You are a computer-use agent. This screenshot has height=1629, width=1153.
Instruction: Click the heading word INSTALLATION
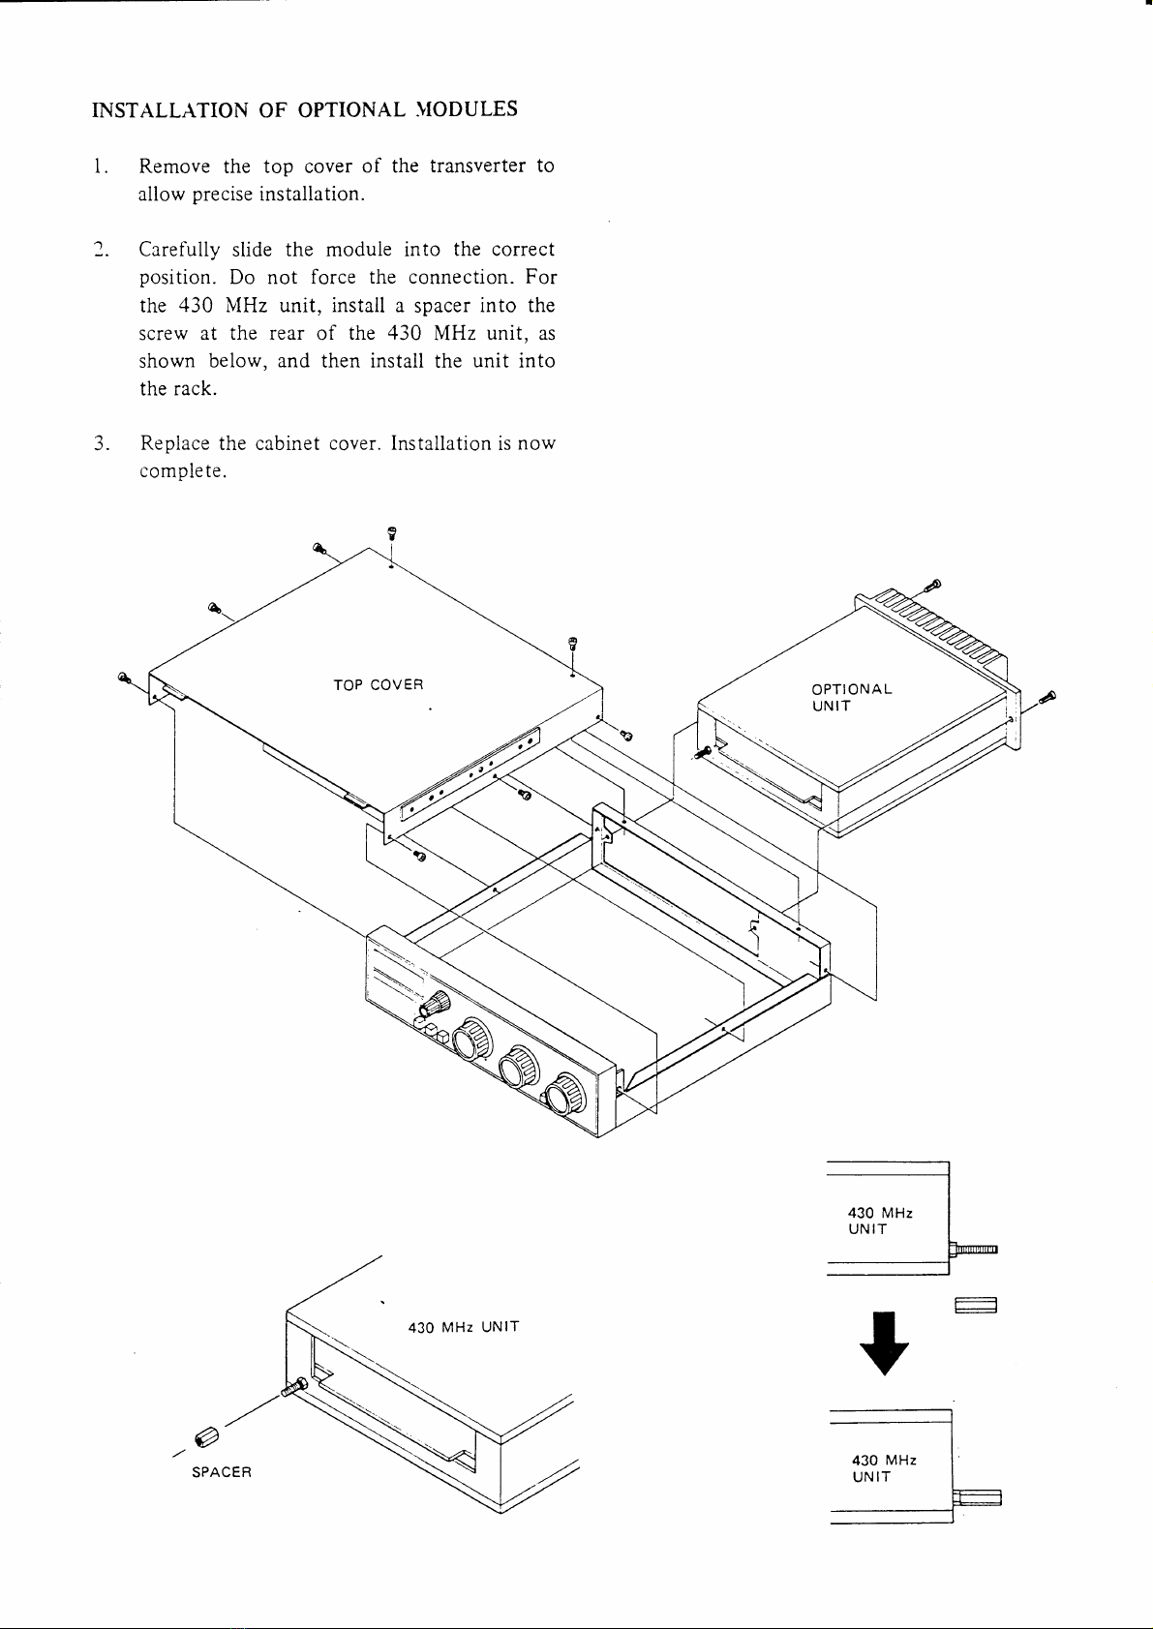pyautogui.click(x=170, y=109)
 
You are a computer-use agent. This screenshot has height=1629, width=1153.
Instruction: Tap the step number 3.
pyautogui.click(x=101, y=443)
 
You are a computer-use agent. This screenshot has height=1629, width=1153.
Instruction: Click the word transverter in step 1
pyautogui.click(x=477, y=166)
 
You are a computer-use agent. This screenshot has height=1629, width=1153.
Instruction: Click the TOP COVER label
pyautogui.click(x=379, y=685)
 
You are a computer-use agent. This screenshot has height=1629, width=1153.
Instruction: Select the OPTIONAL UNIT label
pyautogui.click(x=851, y=698)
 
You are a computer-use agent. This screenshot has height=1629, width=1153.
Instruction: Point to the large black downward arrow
pyautogui.click(x=884, y=1343)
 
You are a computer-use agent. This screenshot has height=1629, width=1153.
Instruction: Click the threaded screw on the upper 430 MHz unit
pyautogui.click(x=973, y=1251)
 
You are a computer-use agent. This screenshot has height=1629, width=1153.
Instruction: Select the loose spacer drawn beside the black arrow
pyautogui.click(x=976, y=1306)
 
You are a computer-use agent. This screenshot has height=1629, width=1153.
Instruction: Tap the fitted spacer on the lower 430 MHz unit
pyautogui.click(x=977, y=1498)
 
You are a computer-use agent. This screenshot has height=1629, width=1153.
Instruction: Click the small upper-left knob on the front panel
pyautogui.click(x=435, y=1005)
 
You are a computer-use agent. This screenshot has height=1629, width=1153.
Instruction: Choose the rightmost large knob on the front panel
pyautogui.click(x=564, y=1093)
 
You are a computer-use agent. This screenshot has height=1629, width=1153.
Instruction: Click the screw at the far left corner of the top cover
pyautogui.click(x=124, y=678)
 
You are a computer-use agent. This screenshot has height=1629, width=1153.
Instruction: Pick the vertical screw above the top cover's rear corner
pyautogui.click(x=391, y=532)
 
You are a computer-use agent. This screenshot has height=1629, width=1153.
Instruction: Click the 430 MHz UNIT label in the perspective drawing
pyautogui.click(x=464, y=1327)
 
